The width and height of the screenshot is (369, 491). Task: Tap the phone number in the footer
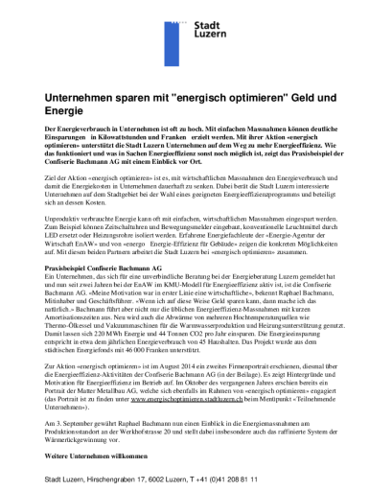(x=229, y=478)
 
